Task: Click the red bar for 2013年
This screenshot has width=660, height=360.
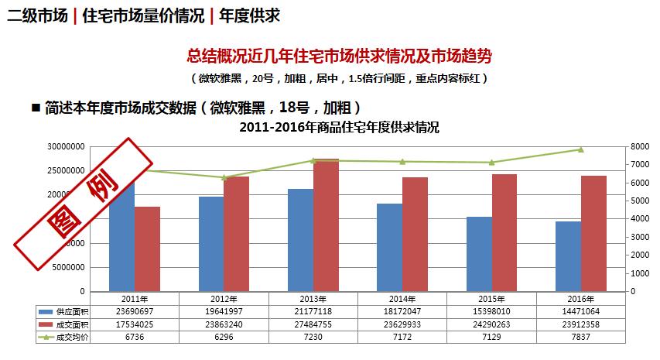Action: [x=326, y=226]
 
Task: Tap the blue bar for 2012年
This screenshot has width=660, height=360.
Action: [x=211, y=244]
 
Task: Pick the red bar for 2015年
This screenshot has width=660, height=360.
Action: [x=504, y=233]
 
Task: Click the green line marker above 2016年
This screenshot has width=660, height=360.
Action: [x=581, y=149]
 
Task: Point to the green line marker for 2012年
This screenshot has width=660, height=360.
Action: [x=224, y=177]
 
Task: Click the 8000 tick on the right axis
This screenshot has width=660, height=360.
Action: [x=639, y=146]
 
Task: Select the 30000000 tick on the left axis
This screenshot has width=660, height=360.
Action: [x=67, y=146]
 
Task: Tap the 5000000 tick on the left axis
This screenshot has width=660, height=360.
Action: [x=70, y=268]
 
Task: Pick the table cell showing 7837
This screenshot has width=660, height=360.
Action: [x=581, y=338]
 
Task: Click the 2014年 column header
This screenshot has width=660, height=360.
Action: [x=402, y=298]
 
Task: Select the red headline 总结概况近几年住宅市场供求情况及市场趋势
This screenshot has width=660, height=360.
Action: [x=340, y=56]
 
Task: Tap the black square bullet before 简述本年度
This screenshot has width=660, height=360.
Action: [x=35, y=106]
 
